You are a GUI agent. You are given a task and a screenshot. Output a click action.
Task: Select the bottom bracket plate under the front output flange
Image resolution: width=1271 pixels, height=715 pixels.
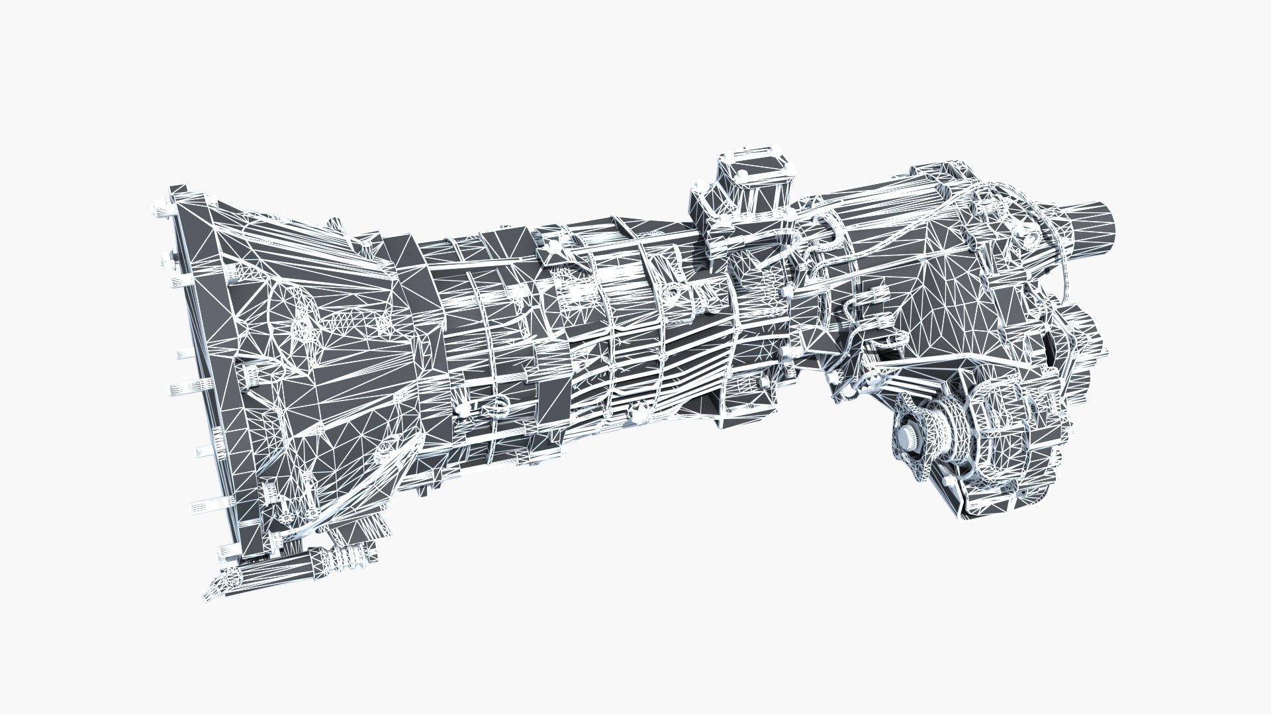click(x=980, y=503)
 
